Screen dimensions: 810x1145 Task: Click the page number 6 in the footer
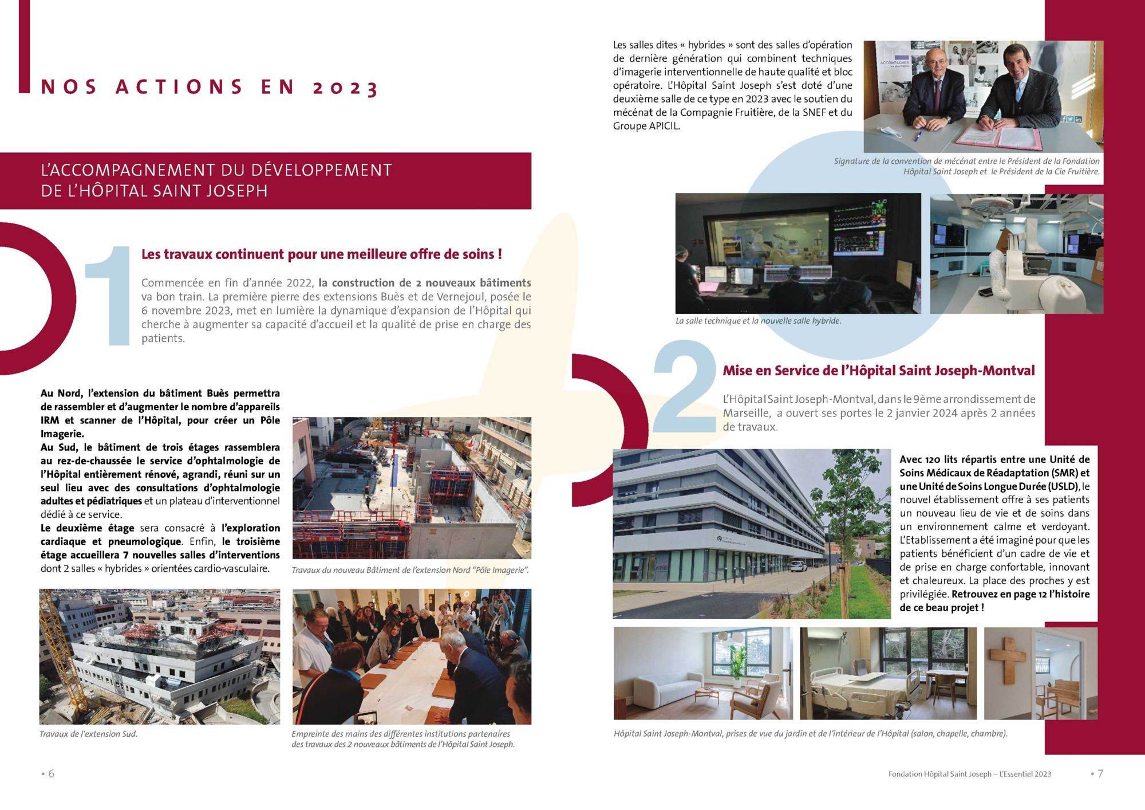tap(51, 773)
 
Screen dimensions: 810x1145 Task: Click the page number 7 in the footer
tap(1100, 773)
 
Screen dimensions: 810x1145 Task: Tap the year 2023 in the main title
tap(345, 88)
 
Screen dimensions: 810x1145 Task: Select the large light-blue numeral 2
tap(685, 387)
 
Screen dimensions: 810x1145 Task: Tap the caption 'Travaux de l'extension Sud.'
tap(89, 734)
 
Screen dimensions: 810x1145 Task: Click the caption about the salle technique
tap(758, 321)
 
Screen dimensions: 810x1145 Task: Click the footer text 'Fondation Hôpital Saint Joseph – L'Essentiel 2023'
tap(969, 774)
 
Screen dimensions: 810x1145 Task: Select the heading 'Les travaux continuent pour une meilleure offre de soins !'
tap(321, 254)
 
